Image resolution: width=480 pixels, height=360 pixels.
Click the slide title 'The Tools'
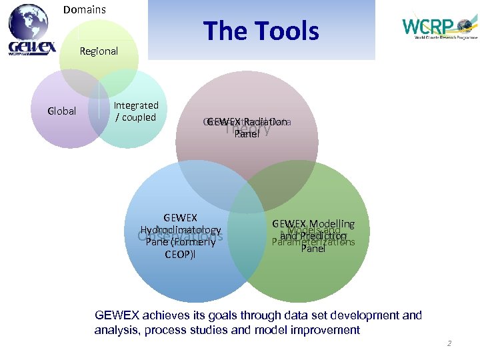261,31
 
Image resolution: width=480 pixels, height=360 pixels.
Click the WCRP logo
437,28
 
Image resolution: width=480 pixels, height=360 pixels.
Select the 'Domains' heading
85,9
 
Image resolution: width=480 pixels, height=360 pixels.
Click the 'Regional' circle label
99,51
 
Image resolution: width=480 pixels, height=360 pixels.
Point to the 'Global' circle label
62,111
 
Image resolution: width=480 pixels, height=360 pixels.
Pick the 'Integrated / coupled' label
136,111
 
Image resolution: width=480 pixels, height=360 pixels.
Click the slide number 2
449,343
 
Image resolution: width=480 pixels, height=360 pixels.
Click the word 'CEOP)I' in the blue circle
181,254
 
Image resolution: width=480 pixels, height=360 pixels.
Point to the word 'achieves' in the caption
153,315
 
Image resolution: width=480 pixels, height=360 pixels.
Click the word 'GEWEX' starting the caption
113,315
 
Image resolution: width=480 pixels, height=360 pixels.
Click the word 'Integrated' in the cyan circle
136,105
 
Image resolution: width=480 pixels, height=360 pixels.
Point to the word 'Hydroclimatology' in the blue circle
181,230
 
